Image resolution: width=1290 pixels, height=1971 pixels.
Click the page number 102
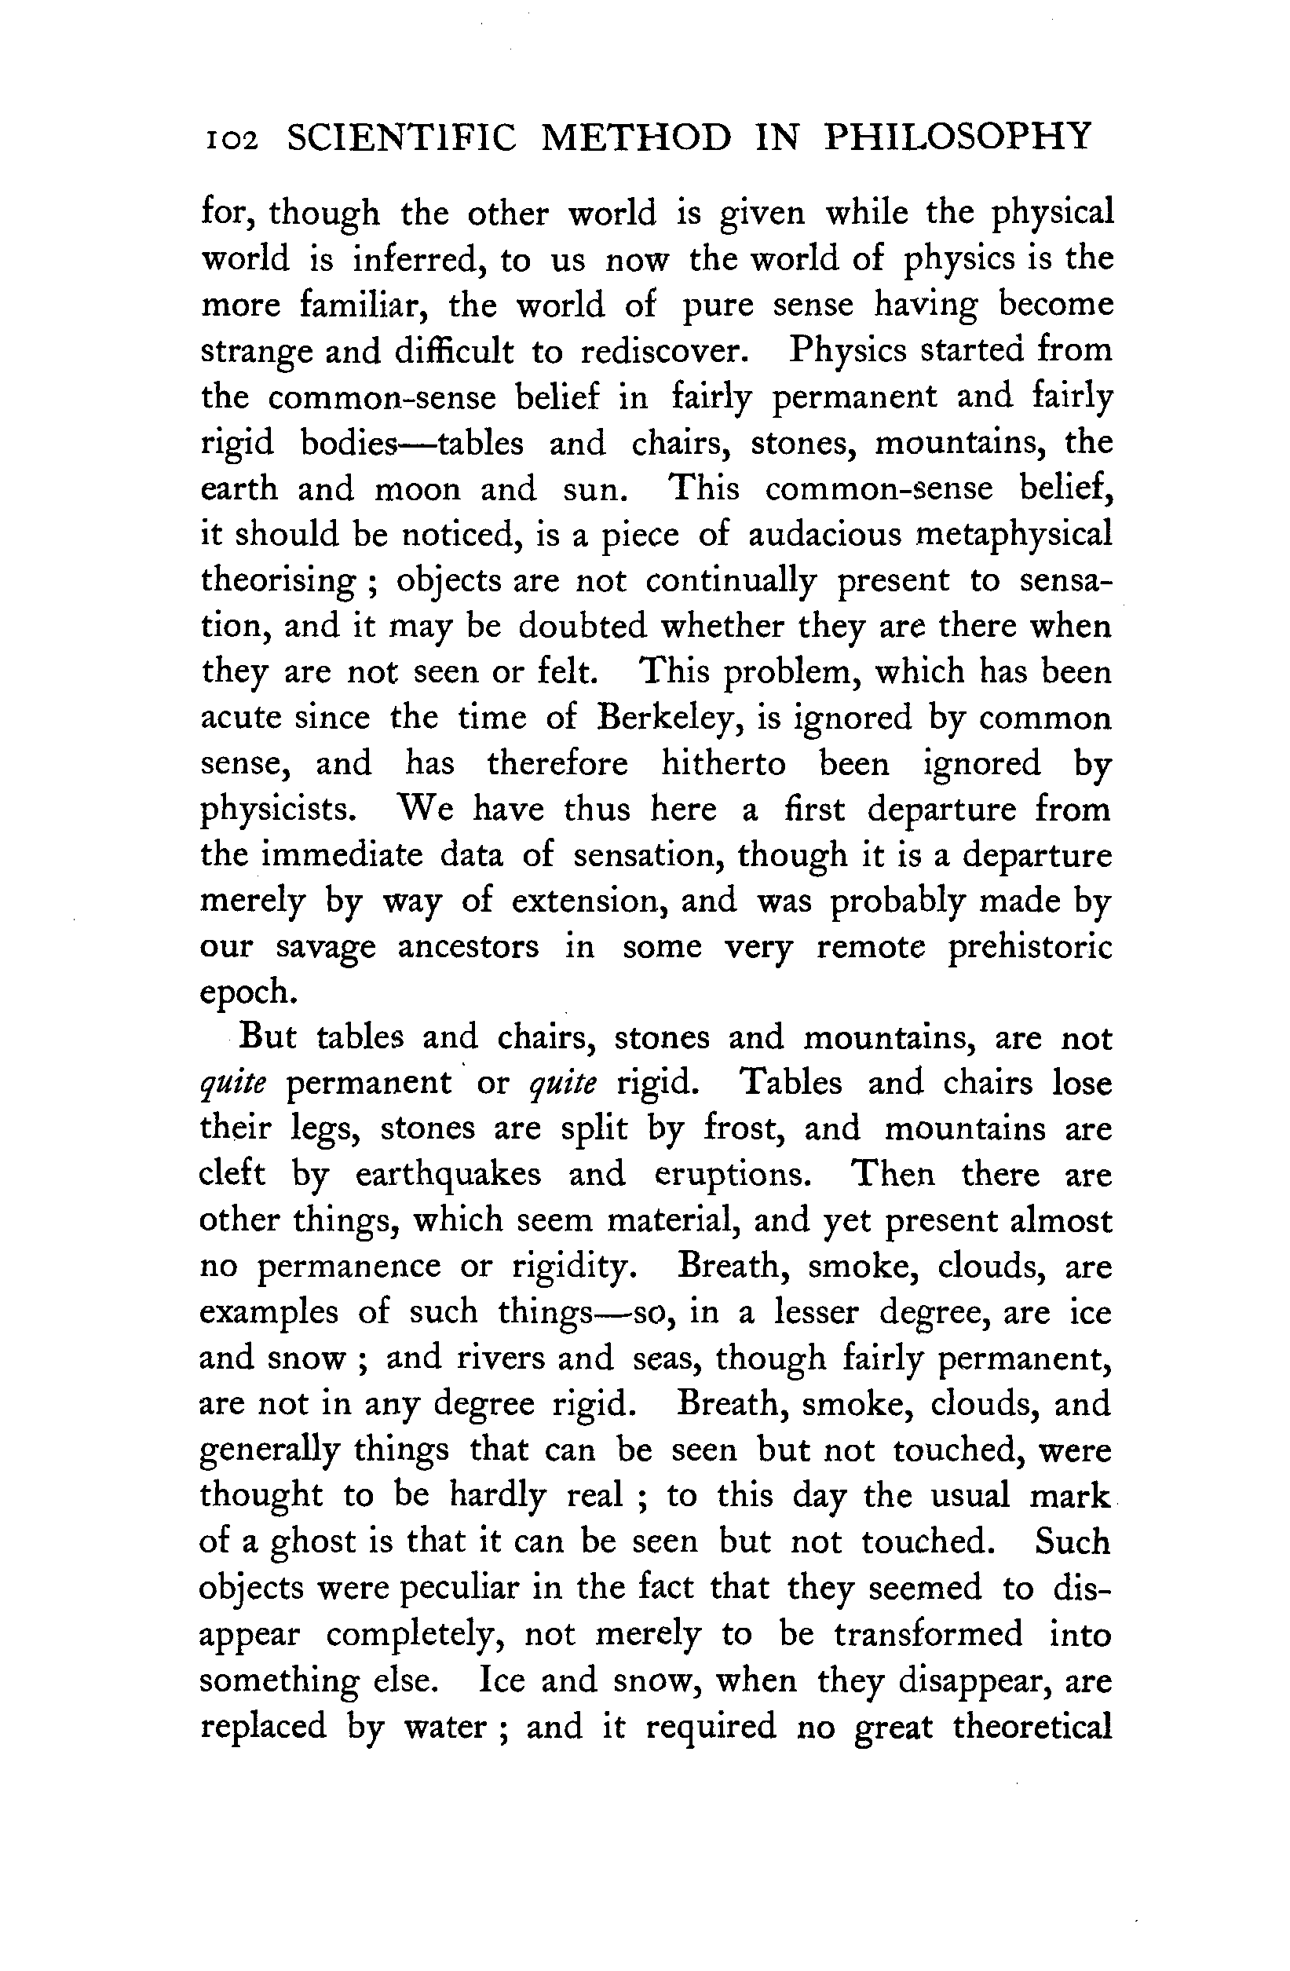click(230, 139)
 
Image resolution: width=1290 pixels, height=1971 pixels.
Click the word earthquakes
click(448, 1176)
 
